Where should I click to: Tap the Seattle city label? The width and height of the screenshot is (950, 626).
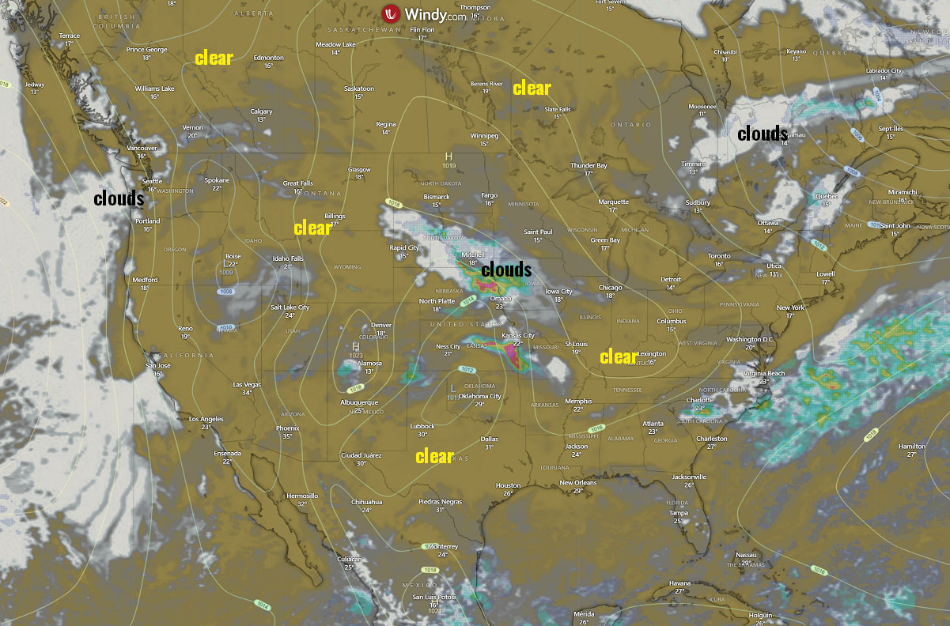[152, 182]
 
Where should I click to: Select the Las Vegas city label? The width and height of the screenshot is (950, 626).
[247, 385]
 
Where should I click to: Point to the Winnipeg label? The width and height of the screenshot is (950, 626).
[484, 136]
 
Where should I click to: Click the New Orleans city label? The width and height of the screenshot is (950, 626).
[577, 483]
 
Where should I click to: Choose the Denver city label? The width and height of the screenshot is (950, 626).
[381, 326]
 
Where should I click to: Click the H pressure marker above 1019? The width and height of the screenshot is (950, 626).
[449, 156]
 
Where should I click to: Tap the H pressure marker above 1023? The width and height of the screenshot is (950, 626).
[356, 346]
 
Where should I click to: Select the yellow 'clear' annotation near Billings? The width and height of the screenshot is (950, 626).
[312, 228]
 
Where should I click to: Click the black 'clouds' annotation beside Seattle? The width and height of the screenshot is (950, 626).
[119, 198]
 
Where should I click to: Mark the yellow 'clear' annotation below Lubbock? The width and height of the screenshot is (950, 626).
[434, 456]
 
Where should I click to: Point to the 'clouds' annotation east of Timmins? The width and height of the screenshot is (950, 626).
[763, 134]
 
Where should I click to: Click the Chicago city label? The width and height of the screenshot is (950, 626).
[611, 288]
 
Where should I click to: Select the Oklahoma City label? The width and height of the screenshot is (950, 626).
[480, 396]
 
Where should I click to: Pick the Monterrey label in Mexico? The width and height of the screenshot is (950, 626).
[442, 547]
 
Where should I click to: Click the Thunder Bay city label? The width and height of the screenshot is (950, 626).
[589, 166]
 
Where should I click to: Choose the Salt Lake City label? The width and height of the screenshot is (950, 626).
[290, 307]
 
